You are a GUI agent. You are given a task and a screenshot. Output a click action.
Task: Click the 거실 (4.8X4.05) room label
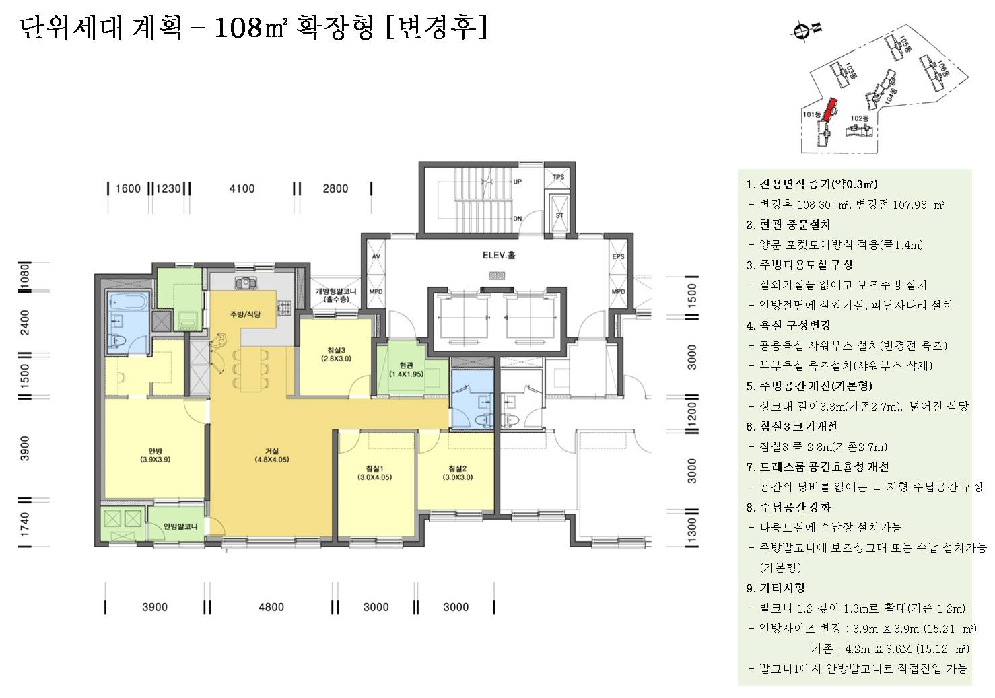pyautogui.click(x=271, y=456)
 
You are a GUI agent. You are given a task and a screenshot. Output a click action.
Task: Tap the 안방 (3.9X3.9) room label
pyautogui.click(x=155, y=456)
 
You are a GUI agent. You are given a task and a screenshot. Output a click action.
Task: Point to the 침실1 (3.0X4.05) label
pyautogui.click(x=374, y=473)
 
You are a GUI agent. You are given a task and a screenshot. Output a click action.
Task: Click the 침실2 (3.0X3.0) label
pyautogui.click(x=457, y=473)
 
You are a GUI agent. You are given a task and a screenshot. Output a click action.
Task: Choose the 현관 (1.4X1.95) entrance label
pyautogui.click(x=406, y=370)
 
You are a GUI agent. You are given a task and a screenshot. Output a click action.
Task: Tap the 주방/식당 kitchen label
pyautogui.click(x=245, y=314)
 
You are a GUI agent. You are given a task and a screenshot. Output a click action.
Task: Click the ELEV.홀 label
pyautogui.click(x=499, y=256)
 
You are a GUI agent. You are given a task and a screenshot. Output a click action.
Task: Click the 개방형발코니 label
pyautogui.click(x=336, y=294)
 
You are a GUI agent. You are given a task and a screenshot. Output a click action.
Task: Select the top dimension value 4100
pyautogui.click(x=242, y=188)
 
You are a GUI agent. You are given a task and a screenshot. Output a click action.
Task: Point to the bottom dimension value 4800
pyautogui.click(x=271, y=607)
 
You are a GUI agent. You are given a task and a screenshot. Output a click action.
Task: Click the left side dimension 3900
pyautogui.click(x=24, y=449)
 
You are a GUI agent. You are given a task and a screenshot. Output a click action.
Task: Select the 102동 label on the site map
pyautogui.click(x=859, y=118)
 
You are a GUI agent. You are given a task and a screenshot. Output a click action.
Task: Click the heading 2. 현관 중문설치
pyautogui.click(x=788, y=225)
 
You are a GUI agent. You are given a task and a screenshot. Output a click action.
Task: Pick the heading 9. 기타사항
pyautogui.click(x=776, y=588)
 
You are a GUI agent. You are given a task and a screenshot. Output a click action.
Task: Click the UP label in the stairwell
pyautogui.click(x=517, y=182)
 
